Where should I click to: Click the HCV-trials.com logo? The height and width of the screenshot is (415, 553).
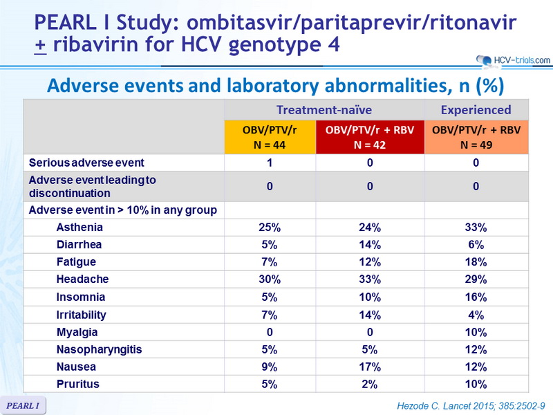(x=513, y=60)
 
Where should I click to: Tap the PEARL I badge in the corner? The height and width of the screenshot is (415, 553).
(x=23, y=405)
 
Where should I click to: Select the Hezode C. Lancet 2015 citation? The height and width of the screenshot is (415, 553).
(x=471, y=406)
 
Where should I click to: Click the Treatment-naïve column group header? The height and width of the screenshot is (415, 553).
(x=324, y=110)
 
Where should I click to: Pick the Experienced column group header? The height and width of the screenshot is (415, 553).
(x=476, y=110)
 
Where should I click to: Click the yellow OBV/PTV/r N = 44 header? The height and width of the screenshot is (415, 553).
(x=270, y=137)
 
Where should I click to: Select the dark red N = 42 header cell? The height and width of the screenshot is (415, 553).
(x=370, y=137)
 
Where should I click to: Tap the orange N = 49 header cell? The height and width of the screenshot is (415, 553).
(x=476, y=137)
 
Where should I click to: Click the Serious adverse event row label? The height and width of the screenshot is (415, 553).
(x=86, y=163)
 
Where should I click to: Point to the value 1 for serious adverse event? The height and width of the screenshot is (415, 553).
(x=270, y=163)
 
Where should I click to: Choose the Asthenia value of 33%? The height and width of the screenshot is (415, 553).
(x=476, y=228)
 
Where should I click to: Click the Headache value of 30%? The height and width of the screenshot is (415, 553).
(x=270, y=279)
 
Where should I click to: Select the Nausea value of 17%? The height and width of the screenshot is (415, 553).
(x=370, y=367)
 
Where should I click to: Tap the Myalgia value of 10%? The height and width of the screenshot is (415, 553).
(x=476, y=333)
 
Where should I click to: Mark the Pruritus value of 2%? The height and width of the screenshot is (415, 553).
(x=370, y=384)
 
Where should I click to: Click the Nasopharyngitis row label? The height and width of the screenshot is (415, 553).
(x=99, y=350)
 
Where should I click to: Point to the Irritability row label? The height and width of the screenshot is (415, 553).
(x=81, y=315)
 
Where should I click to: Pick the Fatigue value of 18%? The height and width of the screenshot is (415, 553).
(x=476, y=262)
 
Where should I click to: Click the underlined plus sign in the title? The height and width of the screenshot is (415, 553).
(x=41, y=46)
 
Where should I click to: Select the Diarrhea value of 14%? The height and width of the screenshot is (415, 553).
(x=370, y=245)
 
